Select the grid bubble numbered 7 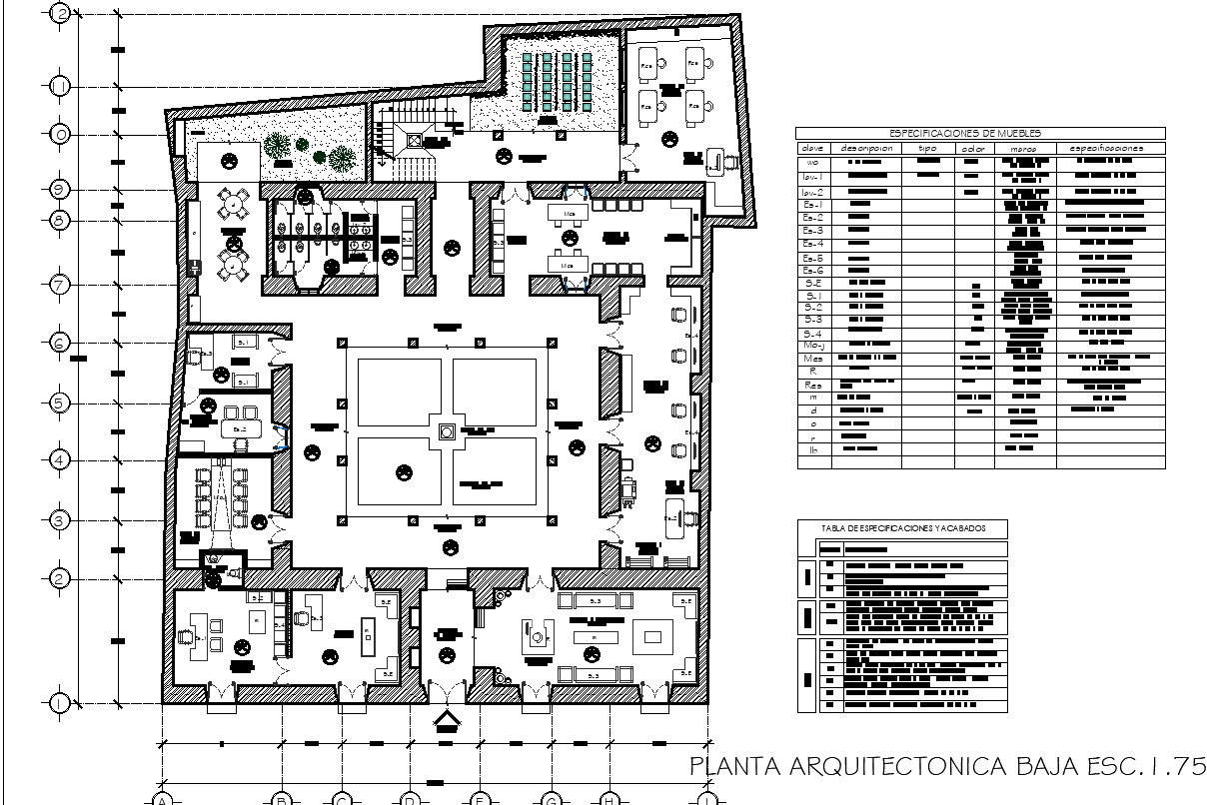click(x=61, y=285)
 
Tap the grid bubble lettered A click(x=161, y=798)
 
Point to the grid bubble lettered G click(x=551, y=798)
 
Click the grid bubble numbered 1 click(x=61, y=703)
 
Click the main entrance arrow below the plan click(x=446, y=721)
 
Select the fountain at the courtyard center click(x=447, y=431)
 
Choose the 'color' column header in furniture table click(x=973, y=148)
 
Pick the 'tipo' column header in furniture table click(x=928, y=148)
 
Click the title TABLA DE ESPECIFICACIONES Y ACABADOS click(x=903, y=528)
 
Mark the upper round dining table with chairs click(x=234, y=203)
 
